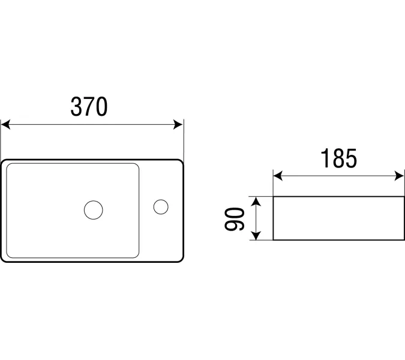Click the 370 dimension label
89,107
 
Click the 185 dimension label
338,158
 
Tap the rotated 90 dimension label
235,219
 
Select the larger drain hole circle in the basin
94,210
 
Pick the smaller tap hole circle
161,207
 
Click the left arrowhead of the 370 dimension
5,124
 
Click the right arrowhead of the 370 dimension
178,124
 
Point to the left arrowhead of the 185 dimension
278,176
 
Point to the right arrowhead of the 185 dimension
399,176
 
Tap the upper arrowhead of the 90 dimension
256,201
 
